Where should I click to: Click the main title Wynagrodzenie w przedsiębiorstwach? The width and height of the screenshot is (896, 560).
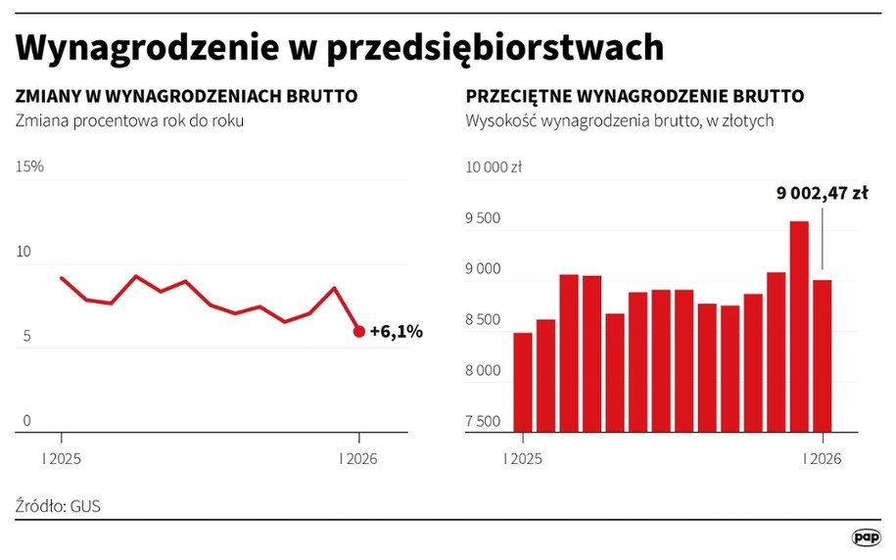(x=340, y=48)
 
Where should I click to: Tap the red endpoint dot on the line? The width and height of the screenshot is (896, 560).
(x=359, y=332)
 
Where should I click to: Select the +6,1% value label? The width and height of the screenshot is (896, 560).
(x=396, y=332)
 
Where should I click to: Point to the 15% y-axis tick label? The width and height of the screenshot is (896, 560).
(x=29, y=166)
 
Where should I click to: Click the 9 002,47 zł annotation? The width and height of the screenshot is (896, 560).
(x=823, y=194)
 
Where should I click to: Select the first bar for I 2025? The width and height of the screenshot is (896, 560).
(x=523, y=382)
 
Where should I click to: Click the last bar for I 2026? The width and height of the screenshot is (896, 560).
(x=823, y=355)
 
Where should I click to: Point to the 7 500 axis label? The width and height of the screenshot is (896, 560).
(x=483, y=422)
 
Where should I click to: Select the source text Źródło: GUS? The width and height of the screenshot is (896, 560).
(x=58, y=506)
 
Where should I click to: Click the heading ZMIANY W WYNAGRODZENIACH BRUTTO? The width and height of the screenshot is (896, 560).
(x=186, y=97)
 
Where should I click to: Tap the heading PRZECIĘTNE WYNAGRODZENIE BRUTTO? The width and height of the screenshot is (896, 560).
(x=636, y=97)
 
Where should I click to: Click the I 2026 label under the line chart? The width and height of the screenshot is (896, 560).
(x=358, y=459)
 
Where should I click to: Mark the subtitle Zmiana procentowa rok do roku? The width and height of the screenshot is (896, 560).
(x=129, y=121)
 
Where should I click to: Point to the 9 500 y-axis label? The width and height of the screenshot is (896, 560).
(x=483, y=218)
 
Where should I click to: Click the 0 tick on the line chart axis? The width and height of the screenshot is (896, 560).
(x=27, y=422)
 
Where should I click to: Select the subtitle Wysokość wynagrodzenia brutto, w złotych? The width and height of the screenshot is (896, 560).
(x=621, y=121)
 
